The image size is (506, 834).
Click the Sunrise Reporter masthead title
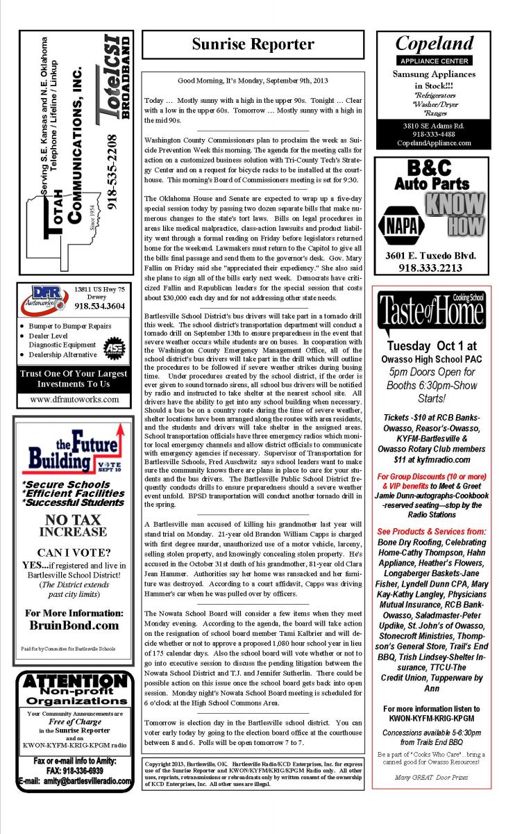pyautogui.click(x=253, y=44)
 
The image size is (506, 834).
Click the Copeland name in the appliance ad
pyautogui.click(x=434, y=44)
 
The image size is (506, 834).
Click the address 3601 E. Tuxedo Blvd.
pyautogui.click(x=432, y=255)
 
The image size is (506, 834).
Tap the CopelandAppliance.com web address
pyautogui.click(x=434, y=143)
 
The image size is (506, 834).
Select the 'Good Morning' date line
pyautogui.click(x=253, y=81)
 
